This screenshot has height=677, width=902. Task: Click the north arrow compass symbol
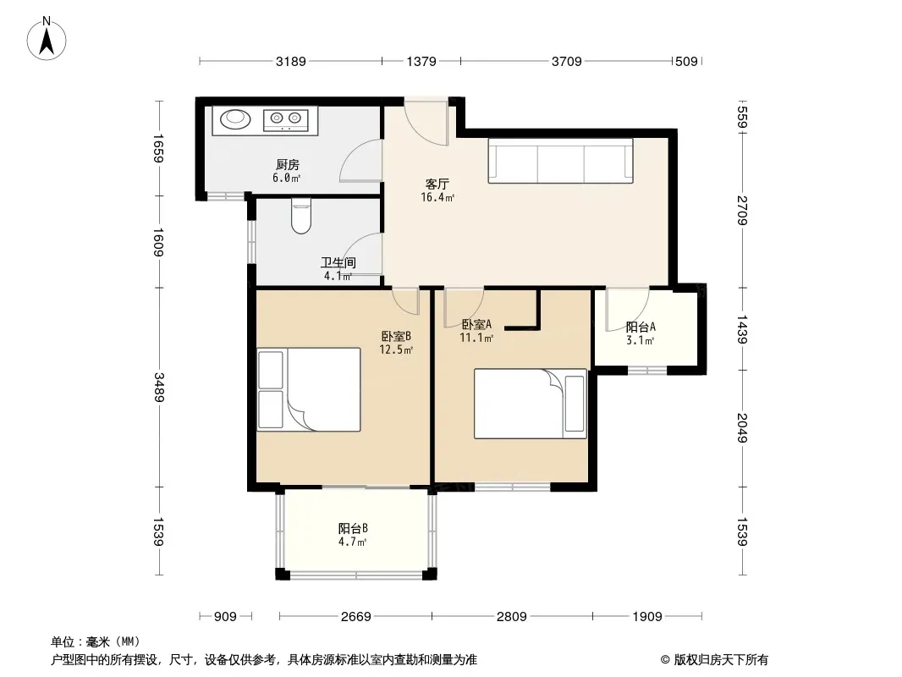(47, 39)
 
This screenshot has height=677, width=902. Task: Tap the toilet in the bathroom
(301, 217)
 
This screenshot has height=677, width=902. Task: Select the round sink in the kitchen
(235, 118)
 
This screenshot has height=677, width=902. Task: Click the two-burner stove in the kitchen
(286, 118)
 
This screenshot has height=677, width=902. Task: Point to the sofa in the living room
(560, 161)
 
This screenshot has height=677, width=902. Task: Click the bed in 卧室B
(309, 389)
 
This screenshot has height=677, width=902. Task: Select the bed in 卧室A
(530, 404)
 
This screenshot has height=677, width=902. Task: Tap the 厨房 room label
(287, 165)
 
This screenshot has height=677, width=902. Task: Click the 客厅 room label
(437, 184)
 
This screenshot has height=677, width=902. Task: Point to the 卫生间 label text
(338, 263)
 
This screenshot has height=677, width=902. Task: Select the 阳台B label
(353, 528)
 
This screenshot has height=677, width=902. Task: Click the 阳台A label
(641, 327)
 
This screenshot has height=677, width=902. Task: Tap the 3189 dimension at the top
(290, 61)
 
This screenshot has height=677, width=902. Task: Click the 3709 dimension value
(567, 61)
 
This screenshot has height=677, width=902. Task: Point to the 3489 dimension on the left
(159, 388)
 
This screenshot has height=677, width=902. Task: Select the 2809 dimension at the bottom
(511, 617)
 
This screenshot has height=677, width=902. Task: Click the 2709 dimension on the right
(742, 211)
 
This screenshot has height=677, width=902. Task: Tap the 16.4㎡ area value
(437, 198)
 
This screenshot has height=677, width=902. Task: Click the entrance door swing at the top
(426, 122)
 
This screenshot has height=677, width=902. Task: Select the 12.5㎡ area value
(396, 350)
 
